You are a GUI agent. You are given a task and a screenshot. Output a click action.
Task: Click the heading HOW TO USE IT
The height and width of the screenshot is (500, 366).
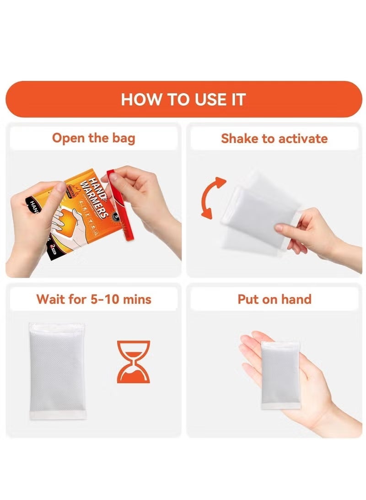(183, 99)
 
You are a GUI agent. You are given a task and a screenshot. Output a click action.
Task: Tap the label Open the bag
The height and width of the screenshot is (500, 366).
(93, 138)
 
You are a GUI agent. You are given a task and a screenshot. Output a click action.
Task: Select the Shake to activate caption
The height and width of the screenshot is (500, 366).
(274, 138)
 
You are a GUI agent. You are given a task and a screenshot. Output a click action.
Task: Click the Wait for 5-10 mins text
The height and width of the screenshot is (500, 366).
(94, 300)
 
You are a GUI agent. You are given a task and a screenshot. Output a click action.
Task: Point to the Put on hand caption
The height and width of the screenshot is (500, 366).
(274, 300)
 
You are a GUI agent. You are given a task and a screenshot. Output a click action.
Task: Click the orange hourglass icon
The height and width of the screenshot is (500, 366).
(133, 362)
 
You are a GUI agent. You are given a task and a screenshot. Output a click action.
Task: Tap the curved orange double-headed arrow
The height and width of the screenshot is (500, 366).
(212, 198)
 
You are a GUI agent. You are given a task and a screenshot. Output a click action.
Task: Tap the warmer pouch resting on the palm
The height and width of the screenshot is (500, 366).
(280, 374)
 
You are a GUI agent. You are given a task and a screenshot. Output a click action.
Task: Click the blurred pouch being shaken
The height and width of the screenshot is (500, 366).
(256, 211)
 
